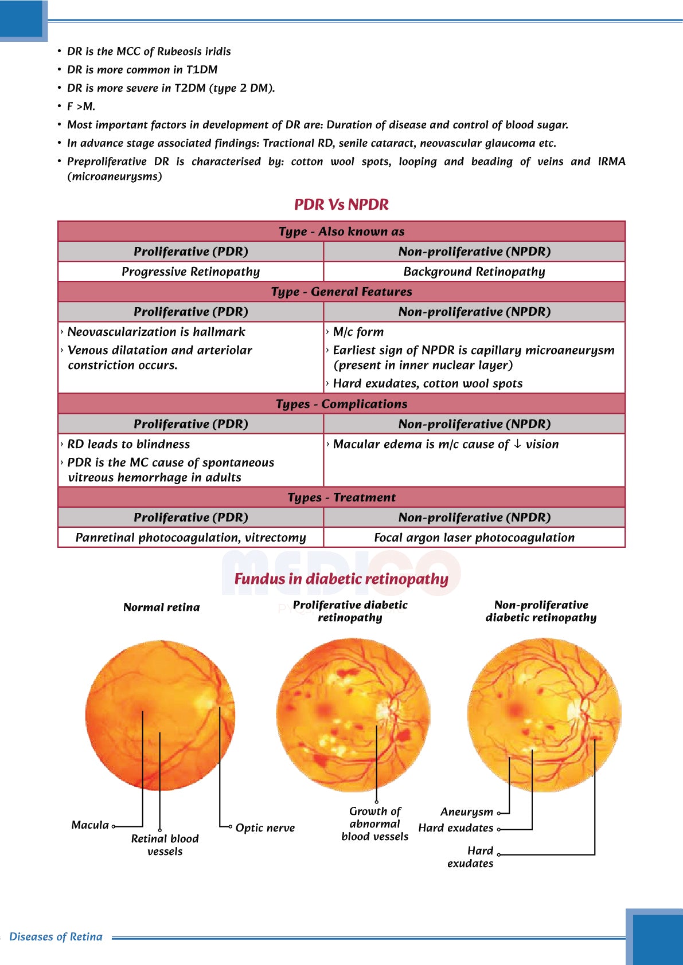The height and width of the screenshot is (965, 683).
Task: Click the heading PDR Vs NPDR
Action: click(x=341, y=205)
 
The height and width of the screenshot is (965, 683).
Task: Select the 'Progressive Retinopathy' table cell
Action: click(x=190, y=272)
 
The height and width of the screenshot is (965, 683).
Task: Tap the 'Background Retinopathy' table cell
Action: click(x=474, y=272)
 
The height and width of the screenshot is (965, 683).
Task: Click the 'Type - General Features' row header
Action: click(x=341, y=292)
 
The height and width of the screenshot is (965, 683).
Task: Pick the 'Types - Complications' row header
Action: click(x=341, y=404)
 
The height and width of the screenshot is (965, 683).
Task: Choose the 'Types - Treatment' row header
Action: click(x=341, y=497)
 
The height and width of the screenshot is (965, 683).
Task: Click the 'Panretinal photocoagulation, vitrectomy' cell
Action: click(x=190, y=538)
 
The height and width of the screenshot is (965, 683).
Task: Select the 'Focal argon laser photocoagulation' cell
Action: click(x=474, y=538)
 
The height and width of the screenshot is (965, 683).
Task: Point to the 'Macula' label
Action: click(x=90, y=825)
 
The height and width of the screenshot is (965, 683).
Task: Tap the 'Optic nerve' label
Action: click(x=265, y=828)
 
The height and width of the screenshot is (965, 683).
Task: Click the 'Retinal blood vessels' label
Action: click(x=165, y=845)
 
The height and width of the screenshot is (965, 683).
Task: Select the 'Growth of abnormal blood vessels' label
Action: click(x=375, y=823)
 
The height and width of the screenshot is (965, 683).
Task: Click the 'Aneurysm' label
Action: click(x=467, y=812)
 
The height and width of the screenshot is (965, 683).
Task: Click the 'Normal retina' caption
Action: click(x=162, y=607)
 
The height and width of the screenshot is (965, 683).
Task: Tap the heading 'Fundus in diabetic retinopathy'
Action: click(x=341, y=579)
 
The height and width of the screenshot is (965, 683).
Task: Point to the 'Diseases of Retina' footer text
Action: click(x=56, y=937)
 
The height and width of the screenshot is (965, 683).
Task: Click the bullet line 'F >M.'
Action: click(x=81, y=107)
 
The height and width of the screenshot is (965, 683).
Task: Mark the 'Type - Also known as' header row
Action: click(x=341, y=232)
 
